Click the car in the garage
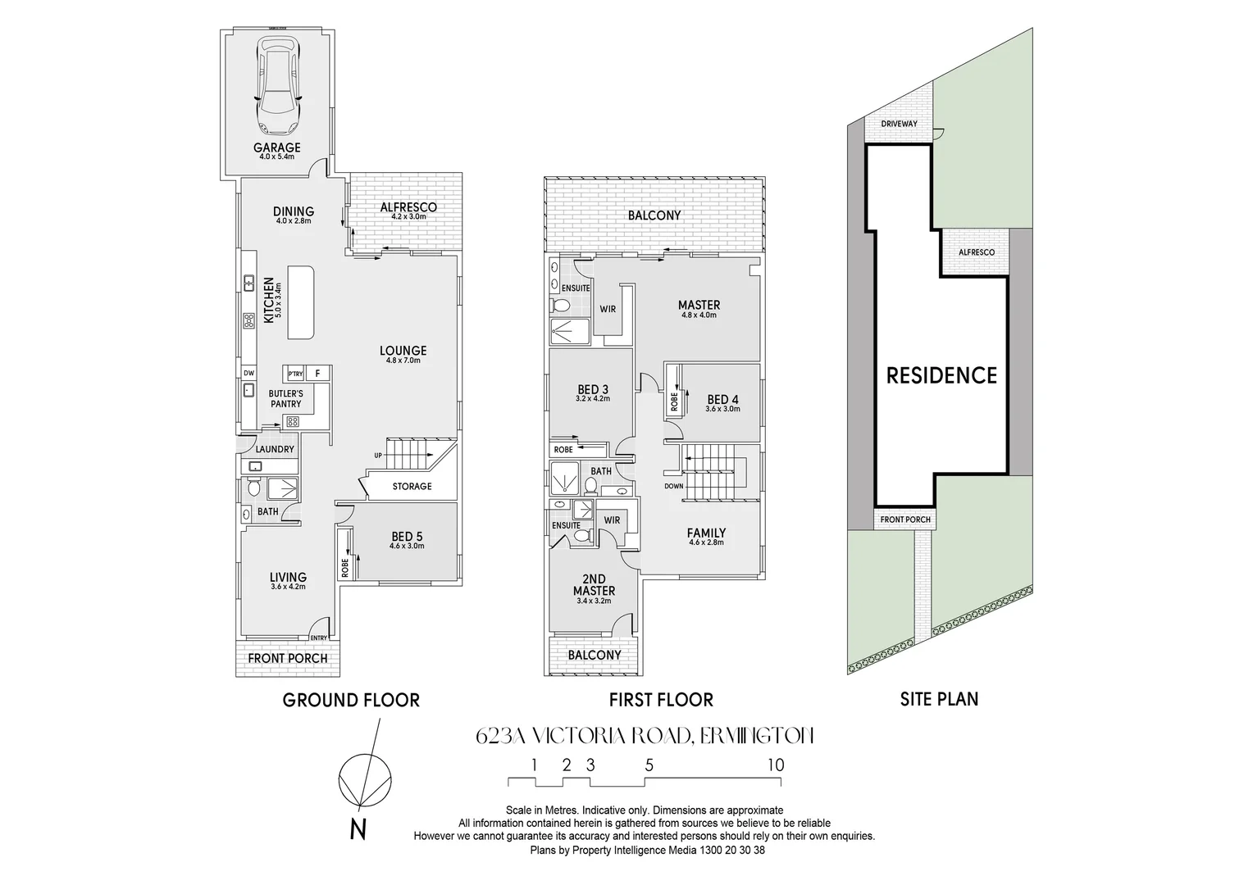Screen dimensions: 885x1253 [277, 86]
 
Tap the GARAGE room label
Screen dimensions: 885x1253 [276, 148]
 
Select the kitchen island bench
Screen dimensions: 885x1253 [301, 302]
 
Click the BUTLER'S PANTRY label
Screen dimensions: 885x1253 [285, 399]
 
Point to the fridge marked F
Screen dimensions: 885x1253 [318, 374]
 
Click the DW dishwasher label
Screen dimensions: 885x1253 [248, 374]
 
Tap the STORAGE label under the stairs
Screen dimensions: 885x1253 [411, 487]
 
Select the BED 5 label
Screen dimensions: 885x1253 [407, 538]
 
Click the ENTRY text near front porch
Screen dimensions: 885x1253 [318, 639]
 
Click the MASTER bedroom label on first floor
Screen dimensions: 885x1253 [699, 306]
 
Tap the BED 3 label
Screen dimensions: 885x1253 [592, 389]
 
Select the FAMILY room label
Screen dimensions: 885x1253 [705, 533]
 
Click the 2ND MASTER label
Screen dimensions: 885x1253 [594, 585]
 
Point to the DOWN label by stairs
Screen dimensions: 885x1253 [673, 486]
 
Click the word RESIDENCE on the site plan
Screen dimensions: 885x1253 [941, 376]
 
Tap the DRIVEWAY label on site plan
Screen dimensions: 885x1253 [899, 125]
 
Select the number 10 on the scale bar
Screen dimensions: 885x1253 [775, 765]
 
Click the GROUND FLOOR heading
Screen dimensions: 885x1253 [351, 700]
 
